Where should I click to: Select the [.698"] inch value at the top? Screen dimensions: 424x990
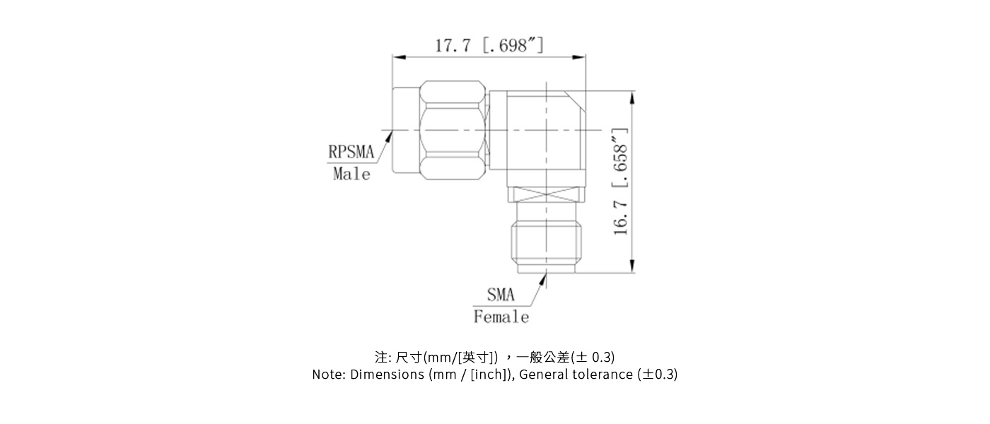coord(513,46)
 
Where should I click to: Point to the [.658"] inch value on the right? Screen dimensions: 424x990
coord(621,159)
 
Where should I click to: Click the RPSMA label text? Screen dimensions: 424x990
coord(351,152)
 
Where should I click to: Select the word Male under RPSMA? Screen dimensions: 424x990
coord(351,174)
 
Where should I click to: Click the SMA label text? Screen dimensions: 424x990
coord(501,295)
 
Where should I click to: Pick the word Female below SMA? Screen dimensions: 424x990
coord(501,317)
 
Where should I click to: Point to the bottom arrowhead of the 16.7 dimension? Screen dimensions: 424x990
coord(631,268)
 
